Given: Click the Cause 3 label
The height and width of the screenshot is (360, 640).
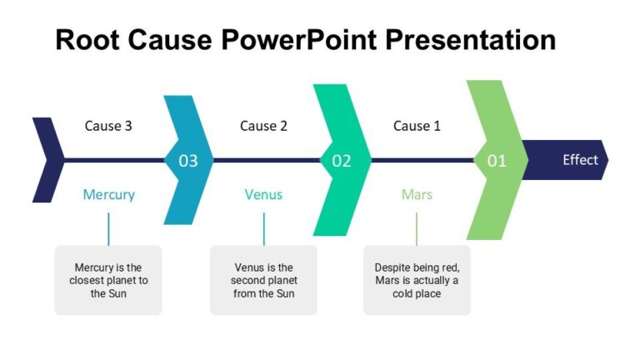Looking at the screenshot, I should pyautogui.click(x=108, y=126).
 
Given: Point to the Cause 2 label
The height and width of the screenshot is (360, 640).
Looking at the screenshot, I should pyautogui.click(x=263, y=126).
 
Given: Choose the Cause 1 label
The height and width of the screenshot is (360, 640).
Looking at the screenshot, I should pyautogui.click(x=417, y=126).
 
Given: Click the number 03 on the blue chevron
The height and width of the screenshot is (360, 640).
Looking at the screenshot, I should pyautogui.click(x=188, y=161).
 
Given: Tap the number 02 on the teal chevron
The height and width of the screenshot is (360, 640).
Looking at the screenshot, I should pyautogui.click(x=342, y=161).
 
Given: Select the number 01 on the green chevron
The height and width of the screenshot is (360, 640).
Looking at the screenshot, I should pyautogui.click(x=497, y=161).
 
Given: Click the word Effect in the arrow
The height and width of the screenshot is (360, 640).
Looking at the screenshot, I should pyautogui.click(x=580, y=159).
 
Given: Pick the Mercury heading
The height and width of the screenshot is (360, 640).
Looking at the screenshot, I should pyautogui.click(x=108, y=194).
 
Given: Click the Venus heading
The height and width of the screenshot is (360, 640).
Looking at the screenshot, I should pyautogui.click(x=263, y=194).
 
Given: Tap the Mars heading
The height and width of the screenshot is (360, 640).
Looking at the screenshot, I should pyautogui.click(x=417, y=194).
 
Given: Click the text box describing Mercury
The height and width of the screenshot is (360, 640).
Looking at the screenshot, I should pyautogui.click(x=108, y=280).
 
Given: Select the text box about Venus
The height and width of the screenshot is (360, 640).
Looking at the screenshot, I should pyautogui.click(x=263, y=280).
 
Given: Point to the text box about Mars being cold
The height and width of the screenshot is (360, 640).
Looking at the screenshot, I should pyautogui.click(x=417, y=280).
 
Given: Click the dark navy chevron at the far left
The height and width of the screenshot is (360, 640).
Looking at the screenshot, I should pyautogui.click(x=47, y=160).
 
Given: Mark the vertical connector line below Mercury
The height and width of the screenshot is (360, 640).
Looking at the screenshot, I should pyautogui.click(x=108, y=227).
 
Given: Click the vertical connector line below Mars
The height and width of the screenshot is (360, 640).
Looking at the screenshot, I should pyautogui.click(x=417, y=227).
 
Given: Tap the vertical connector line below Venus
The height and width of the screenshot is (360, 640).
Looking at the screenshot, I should pyautogui.click(x=264, y=227).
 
